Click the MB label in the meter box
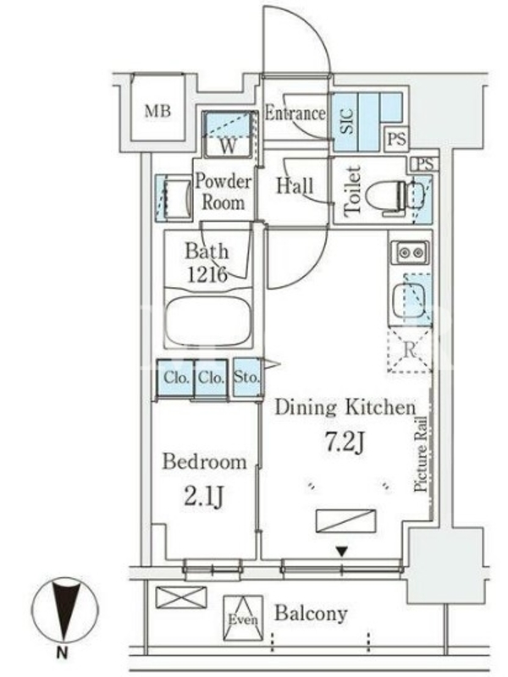[x=157, y=112]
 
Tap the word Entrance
[x=295, y=113]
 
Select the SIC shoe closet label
[x=347, y=121]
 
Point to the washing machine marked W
[x=228, y=135]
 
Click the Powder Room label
[x=223, y=192]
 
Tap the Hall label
[x=295, y=186]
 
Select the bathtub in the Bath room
[x=208, y=319]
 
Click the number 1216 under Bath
[x=207, y=274]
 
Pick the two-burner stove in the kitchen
[x=411, y=252]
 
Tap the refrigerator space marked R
[x=409, y=350]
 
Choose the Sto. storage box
[x=247, y=377]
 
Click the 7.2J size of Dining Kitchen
[x=345, y=442]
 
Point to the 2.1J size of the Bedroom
[x=204, y=497]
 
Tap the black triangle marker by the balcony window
[x=342, y=552]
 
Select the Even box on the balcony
[x=243, y=618]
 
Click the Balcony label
[x=311, y=613]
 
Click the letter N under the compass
[x=62, y=653]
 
